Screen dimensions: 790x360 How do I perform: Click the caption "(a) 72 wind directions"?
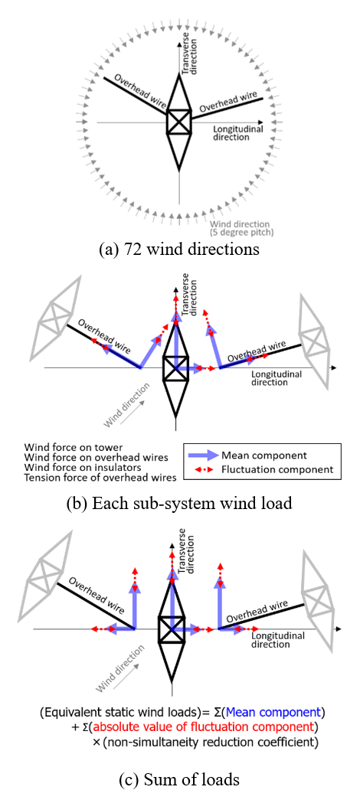click(x=179, y=249)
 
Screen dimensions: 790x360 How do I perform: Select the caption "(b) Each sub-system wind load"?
click(x=179, y=504)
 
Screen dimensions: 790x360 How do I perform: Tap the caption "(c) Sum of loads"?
click(x=179, y=779)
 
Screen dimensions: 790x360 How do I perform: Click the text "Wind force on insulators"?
click(x=87, y=467)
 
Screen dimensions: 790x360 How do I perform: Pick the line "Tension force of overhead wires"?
click(x=100, y=478)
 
